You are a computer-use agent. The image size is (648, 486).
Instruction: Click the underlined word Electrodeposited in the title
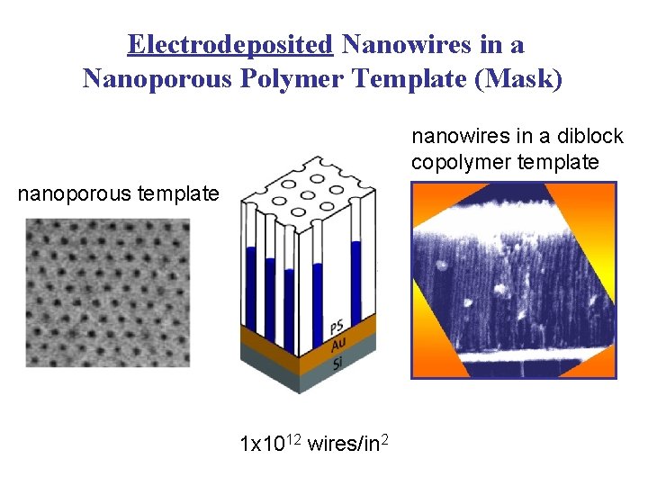click(x=230, y=44)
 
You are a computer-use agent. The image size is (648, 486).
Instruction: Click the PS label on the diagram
click(x=336, y=327)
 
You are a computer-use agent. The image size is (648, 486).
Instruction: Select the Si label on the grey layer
click(x=337, y=363)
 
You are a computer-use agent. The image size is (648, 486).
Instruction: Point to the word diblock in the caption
click(x=589, y=137)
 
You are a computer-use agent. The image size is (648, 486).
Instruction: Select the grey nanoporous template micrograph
click(x=108, y=293)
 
